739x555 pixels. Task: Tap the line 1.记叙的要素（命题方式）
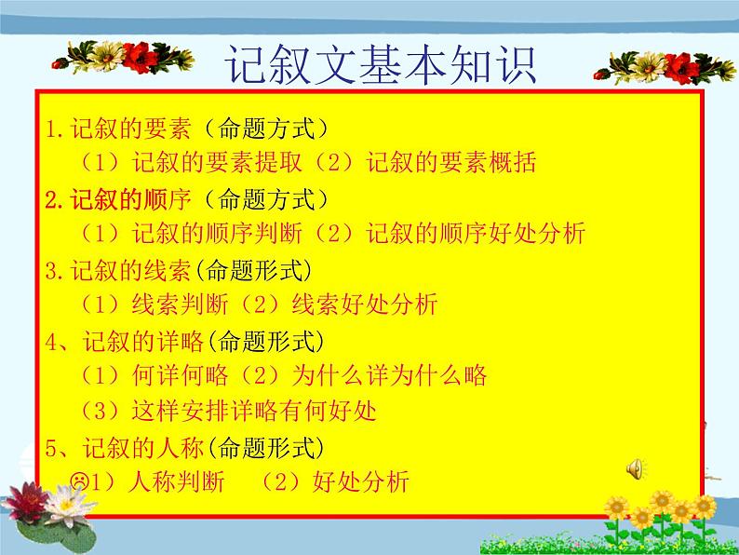point(186,129)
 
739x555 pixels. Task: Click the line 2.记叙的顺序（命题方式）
point(186,198)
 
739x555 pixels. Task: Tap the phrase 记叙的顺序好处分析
point(476,234)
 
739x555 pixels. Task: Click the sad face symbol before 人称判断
point(78,481)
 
